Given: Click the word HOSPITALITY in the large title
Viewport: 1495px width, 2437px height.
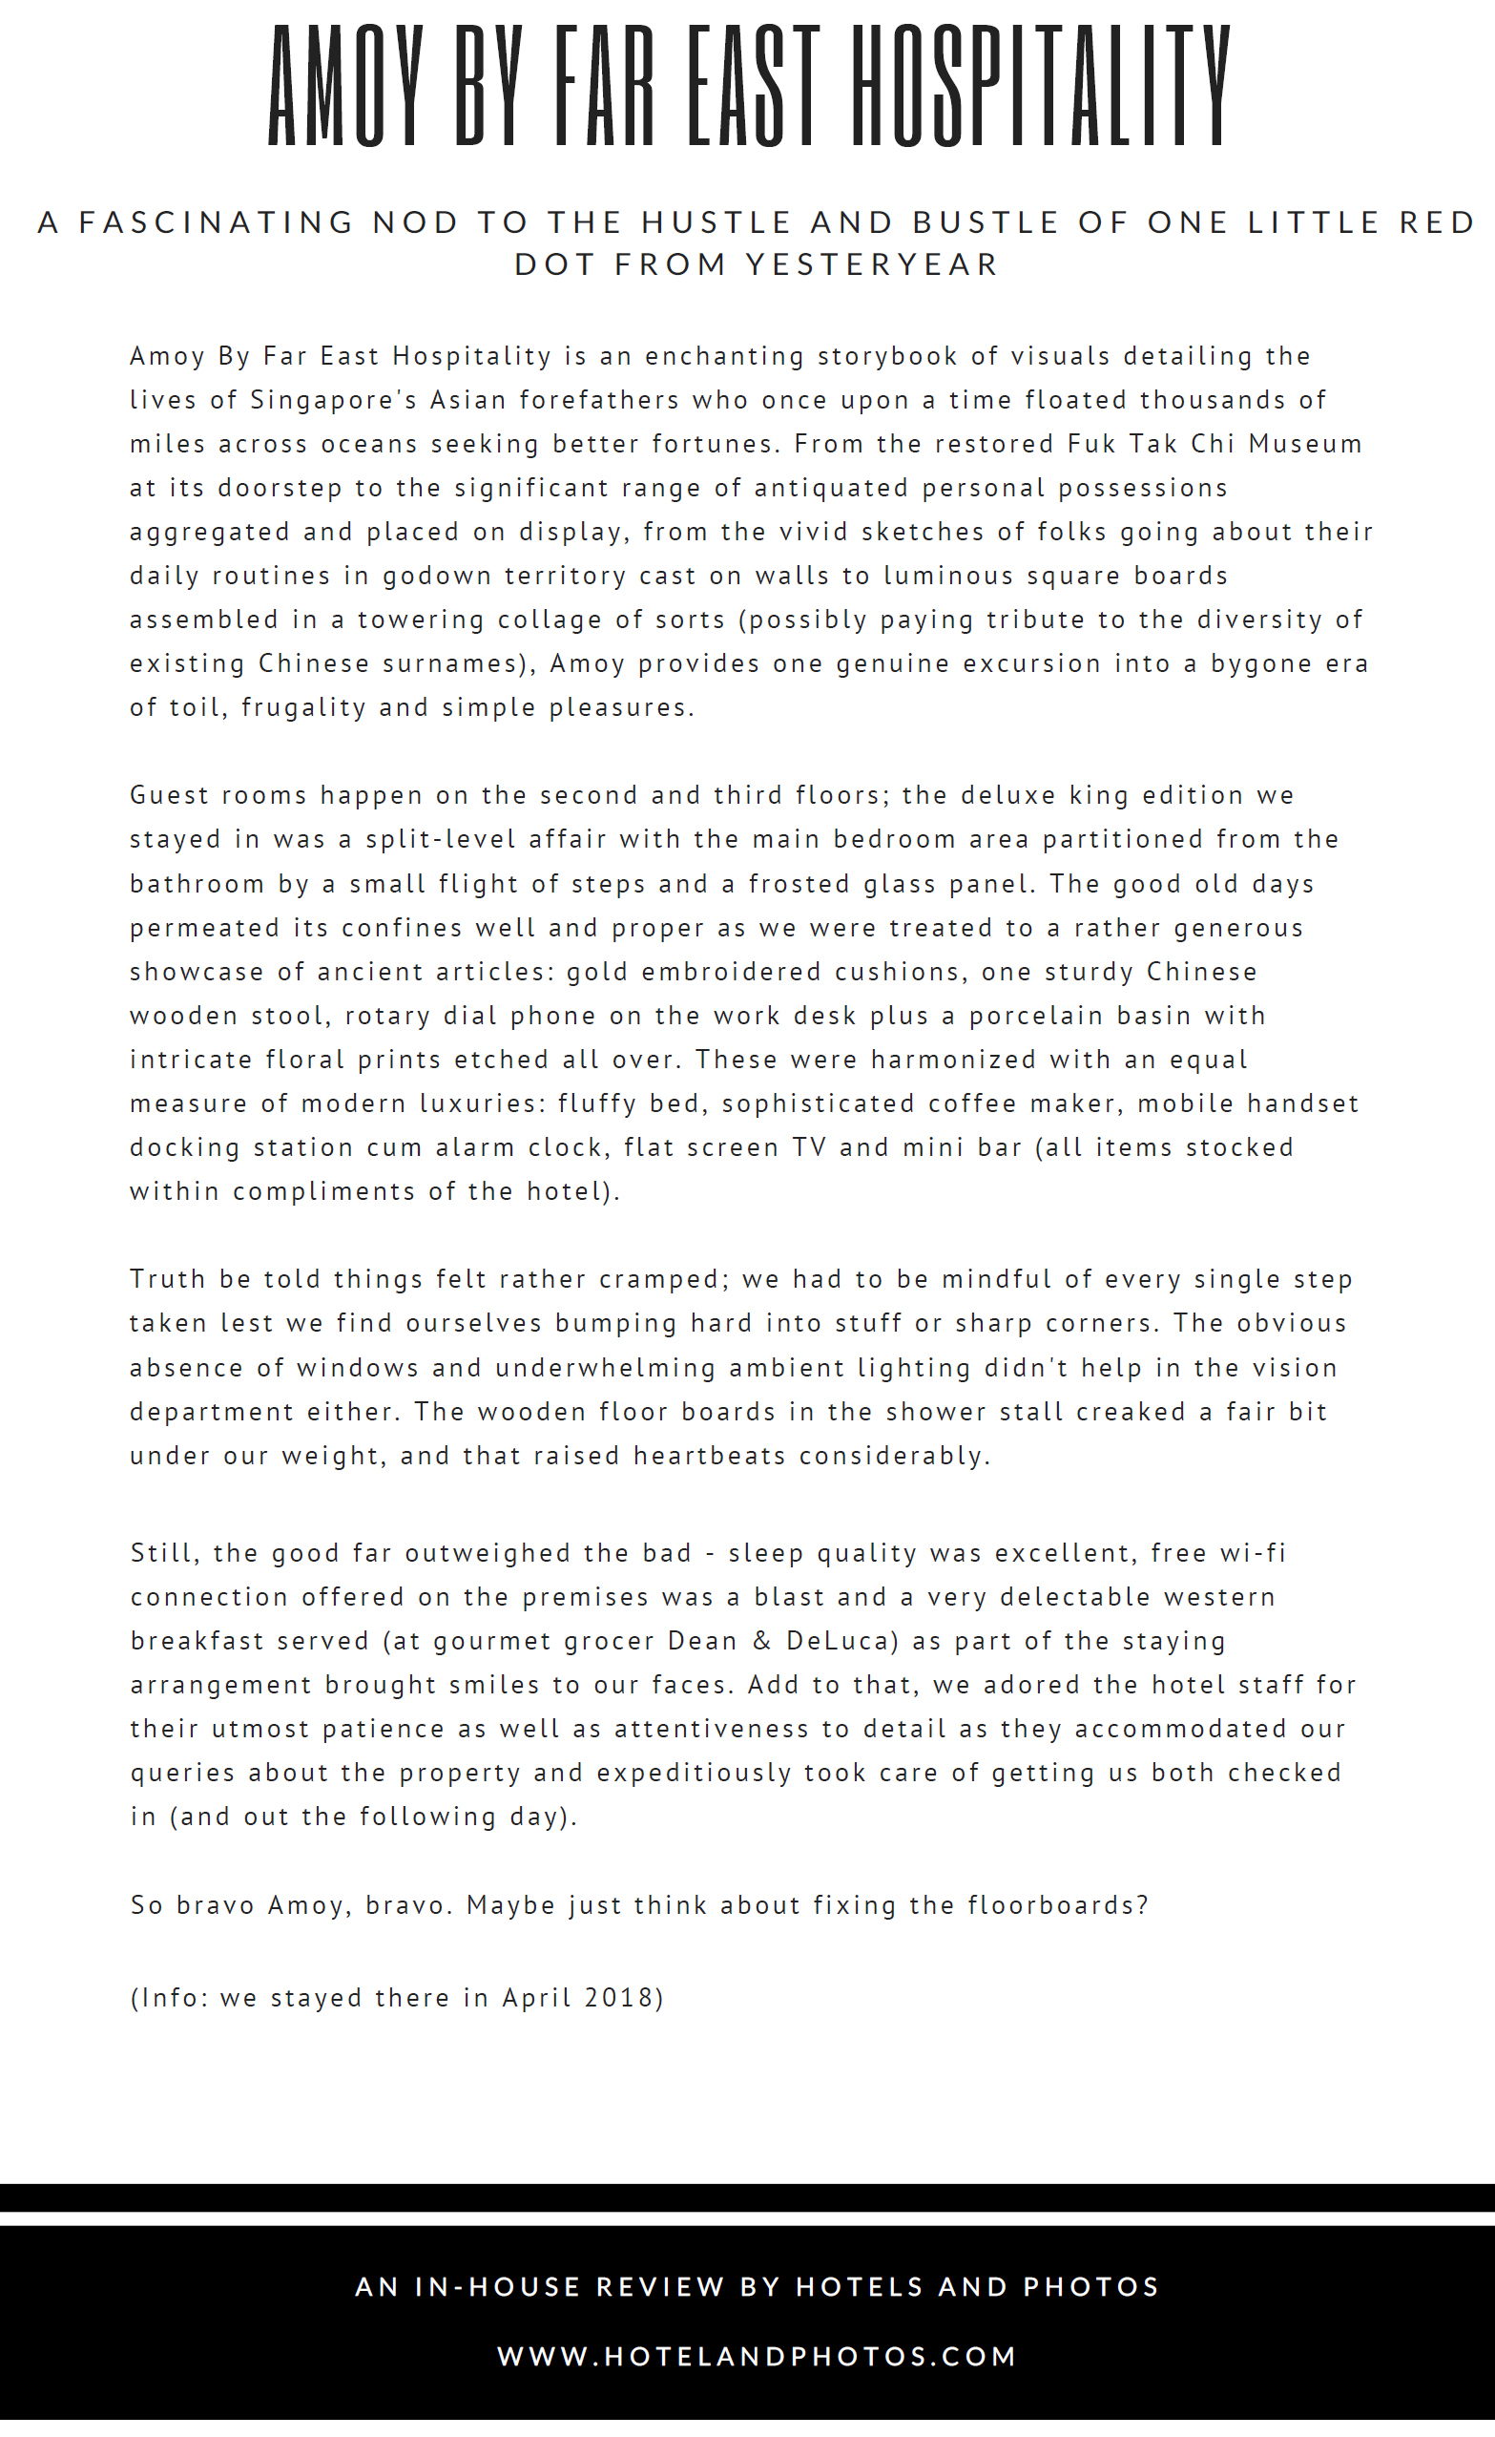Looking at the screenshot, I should [x=1041, y=86].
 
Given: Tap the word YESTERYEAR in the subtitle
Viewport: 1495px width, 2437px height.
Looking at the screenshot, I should [x=872, y=265].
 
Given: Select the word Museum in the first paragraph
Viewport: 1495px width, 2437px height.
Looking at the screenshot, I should [x=1305, y=444].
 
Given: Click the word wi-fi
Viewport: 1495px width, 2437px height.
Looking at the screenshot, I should [x=1253, y=1553].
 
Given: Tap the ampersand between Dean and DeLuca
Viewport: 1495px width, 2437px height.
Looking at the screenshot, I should [x=761, y=1641].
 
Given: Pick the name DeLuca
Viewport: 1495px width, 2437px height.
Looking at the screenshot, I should [x=841, y=1641].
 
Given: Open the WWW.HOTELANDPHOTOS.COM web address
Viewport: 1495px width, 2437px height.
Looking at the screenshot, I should [x=758, y=2357].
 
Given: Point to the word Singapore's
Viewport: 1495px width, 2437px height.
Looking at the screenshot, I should [x=333, y=401].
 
